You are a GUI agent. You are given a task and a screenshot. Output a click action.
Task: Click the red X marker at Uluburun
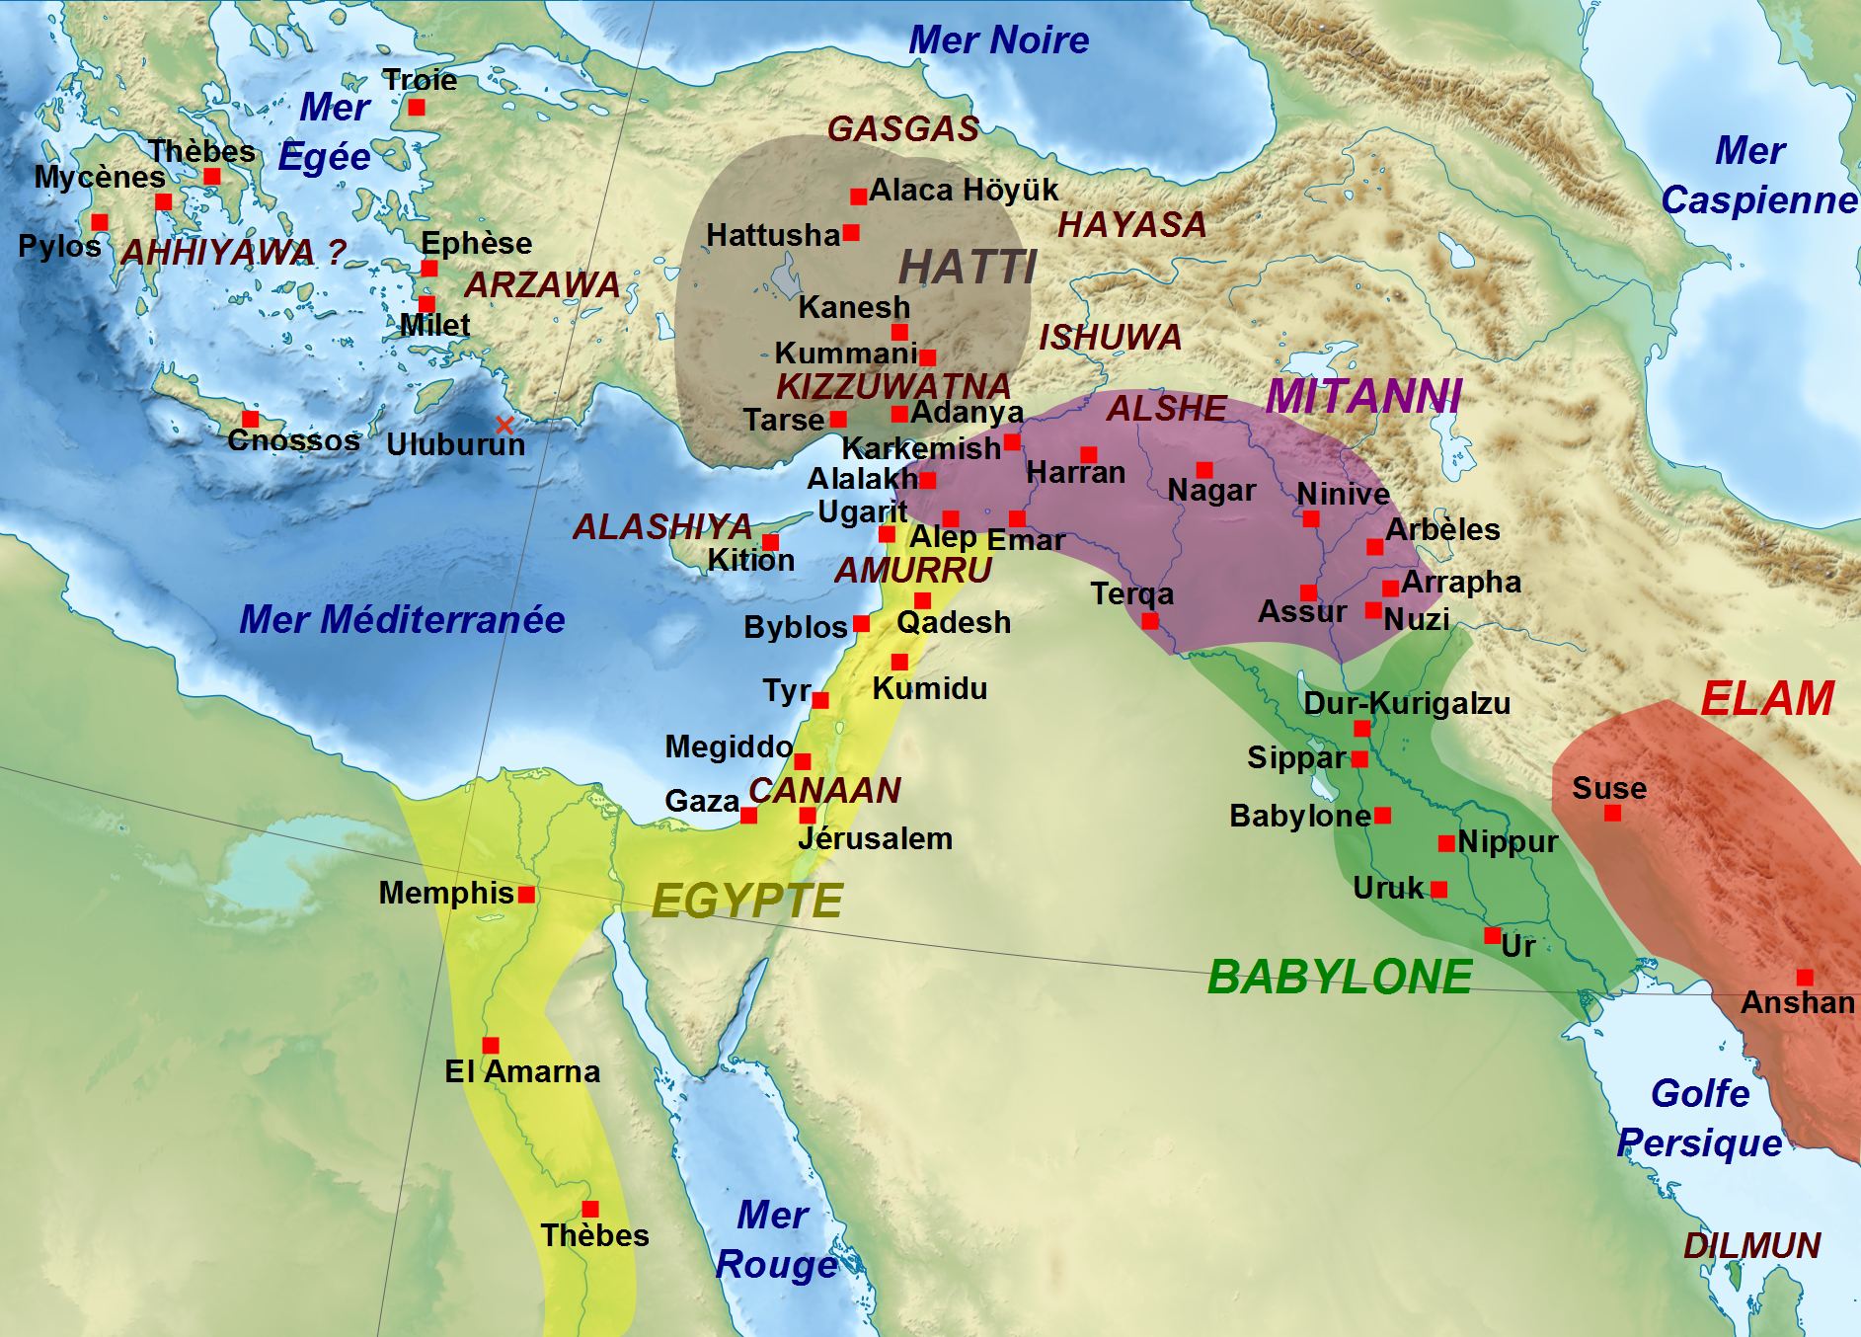pyautogui.click(x=504, y=426)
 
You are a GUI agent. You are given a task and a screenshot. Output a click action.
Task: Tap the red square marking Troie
pyautogui.click(x=417, y=108)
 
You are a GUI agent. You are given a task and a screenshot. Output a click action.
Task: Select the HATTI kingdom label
pyautogui.click(x=968, y=267)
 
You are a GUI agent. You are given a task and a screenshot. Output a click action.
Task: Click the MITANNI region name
pyautogui.click(x=1363, y=396)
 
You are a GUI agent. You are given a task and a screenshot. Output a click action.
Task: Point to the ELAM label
pyautogui.click(x=1767, y=699)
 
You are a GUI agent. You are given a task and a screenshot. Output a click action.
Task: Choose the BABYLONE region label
pyautogui.click(x=1340, y=977)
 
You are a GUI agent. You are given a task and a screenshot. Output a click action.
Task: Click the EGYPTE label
pyautogui.click(x=747, y=901)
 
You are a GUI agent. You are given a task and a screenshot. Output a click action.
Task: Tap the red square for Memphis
pyautogui.click(x=526, y=895)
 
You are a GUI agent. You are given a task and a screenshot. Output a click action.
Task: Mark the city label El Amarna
pyautogui.click(x=522, y=1071)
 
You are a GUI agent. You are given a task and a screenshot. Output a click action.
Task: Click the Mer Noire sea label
pyautogui.click(x=998, y=40)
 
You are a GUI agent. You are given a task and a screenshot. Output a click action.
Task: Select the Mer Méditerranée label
pyautogui.click(x=402, y=619)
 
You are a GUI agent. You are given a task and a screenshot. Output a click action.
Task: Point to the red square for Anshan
pyautogui.click(x=1805, y=978)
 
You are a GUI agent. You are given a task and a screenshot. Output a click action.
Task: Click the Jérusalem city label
pyautogui.click(x=875, y=838)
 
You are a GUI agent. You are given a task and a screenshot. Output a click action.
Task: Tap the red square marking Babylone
pyautogui.click(x=1382, y=816)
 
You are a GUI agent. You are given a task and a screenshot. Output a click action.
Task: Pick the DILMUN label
pyautogui.click(x=1751, y=1245)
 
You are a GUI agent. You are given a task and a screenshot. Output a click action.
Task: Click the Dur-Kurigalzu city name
pyautogui.click(x=1407, y=703)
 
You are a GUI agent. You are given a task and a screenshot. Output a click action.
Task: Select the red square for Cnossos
pyautogui.click(x=251, y=420)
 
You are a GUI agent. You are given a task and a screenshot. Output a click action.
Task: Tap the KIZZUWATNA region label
pyautogui.click(x=893, y=385)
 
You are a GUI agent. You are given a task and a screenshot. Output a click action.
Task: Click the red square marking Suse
pyautogui.click(x=1612, y=814)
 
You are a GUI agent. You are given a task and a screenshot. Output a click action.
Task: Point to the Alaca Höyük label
pyautogui.click(x=963, y=190)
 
